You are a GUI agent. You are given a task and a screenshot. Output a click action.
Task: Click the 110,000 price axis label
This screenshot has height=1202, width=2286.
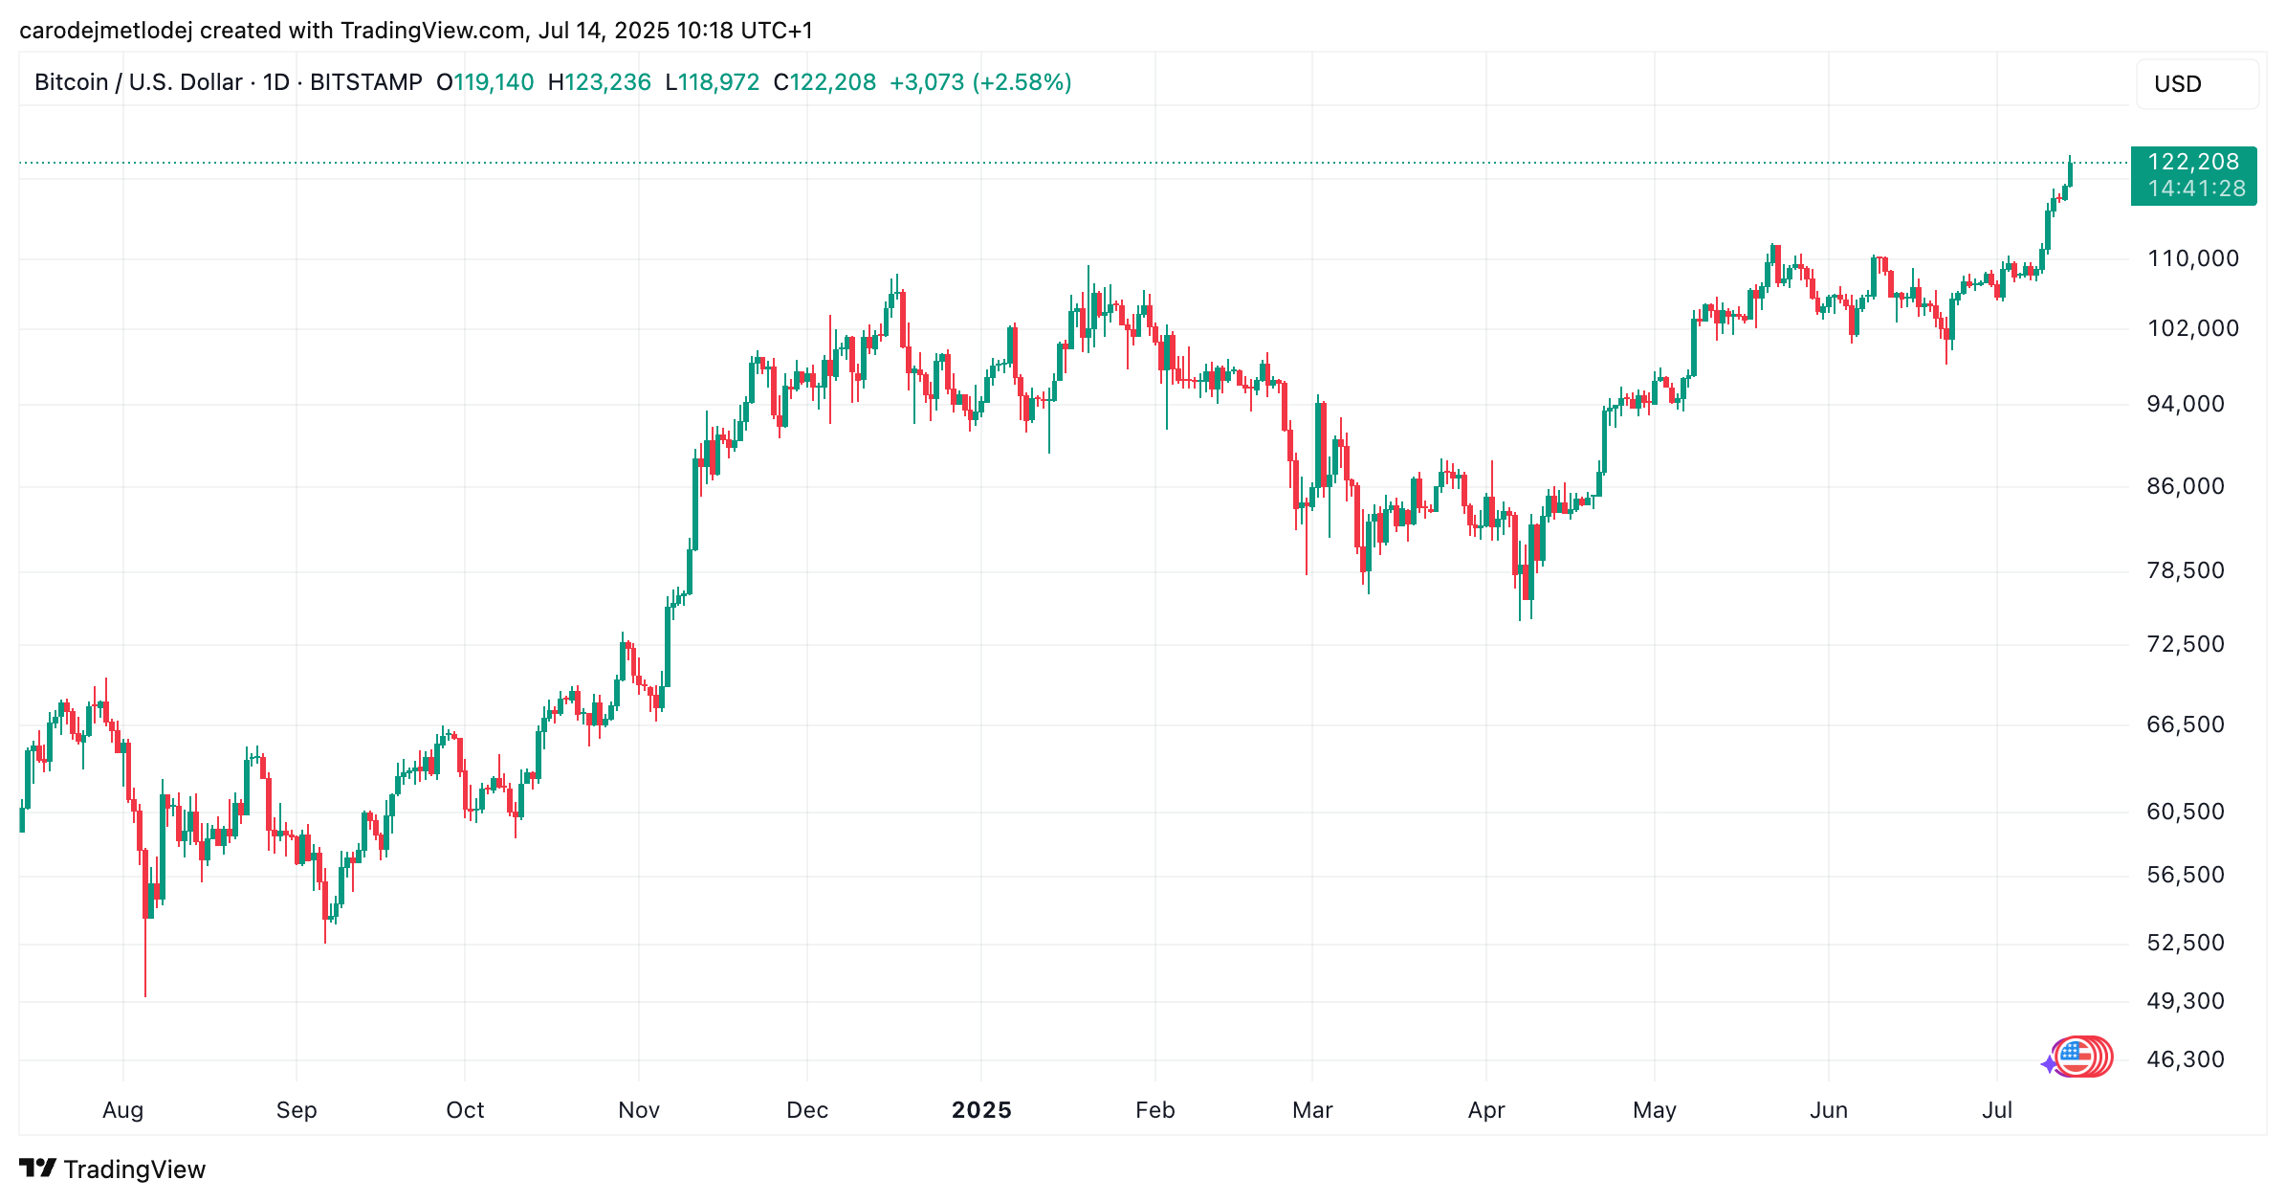2192,258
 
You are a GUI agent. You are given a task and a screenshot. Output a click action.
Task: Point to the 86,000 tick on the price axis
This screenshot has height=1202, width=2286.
2185,486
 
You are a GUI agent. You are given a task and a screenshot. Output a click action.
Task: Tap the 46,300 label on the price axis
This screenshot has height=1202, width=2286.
2185,1059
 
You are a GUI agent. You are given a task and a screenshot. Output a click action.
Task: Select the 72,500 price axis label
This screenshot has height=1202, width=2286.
2185,644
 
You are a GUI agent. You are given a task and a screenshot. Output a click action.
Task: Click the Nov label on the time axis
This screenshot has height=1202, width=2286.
638,1110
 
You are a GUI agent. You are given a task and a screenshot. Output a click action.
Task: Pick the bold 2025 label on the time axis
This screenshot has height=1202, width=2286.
981,1110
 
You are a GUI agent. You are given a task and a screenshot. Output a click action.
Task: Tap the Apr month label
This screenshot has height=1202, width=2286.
1486,1110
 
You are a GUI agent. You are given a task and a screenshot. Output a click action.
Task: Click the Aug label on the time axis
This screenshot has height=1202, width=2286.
122,1110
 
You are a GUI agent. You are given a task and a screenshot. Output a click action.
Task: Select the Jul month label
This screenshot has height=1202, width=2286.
1997,1110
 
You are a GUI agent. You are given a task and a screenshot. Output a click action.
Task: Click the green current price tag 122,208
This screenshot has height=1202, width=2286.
2193,162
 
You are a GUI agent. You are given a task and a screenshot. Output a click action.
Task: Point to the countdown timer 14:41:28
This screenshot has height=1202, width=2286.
2196,189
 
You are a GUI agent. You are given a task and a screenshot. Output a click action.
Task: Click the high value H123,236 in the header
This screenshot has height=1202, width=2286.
599,82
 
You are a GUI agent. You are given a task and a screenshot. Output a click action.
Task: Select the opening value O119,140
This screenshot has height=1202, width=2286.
485,82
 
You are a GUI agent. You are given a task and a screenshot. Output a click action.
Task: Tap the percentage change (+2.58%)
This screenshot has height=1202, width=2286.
1022,82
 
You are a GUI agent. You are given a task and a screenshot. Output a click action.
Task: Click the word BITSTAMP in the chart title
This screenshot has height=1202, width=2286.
365,82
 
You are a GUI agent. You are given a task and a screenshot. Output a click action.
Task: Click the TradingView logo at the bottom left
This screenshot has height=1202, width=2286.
112,1169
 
